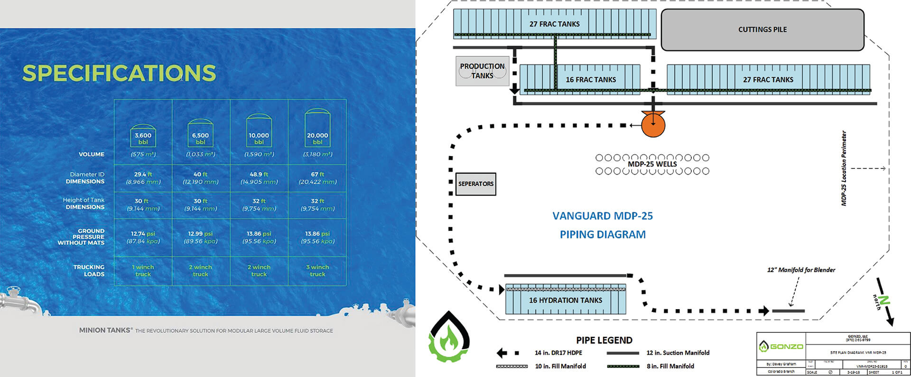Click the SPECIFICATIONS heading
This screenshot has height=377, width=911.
tap(119, 73)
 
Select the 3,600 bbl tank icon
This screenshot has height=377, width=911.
tap(143, 136)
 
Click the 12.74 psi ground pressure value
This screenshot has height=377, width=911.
tap(143, 234)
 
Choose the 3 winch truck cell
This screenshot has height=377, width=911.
tap(317, 270)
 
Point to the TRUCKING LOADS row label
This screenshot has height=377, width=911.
tap(89, 270)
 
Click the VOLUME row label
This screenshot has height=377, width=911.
tap(92, 154)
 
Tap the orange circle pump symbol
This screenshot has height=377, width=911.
tap(653, 125)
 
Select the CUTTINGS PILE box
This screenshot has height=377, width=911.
tap(762, 29)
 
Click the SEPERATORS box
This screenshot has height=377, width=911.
tap(475, 184)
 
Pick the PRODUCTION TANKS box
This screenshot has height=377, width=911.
tap(482, 71)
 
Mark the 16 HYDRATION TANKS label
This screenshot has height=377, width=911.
tap(565, 300)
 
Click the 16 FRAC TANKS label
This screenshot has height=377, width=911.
tap(591, 80)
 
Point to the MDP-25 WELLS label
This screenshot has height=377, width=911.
tap(652, 164)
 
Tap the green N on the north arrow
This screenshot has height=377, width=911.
tap(883, 300)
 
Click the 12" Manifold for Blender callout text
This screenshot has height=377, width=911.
tap(801, 270)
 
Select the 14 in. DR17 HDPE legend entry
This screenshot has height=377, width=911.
tap(558, 353)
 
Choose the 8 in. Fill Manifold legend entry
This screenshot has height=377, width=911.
tap(670, 366)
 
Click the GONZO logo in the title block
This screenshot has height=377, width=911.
tap(781, 347)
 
